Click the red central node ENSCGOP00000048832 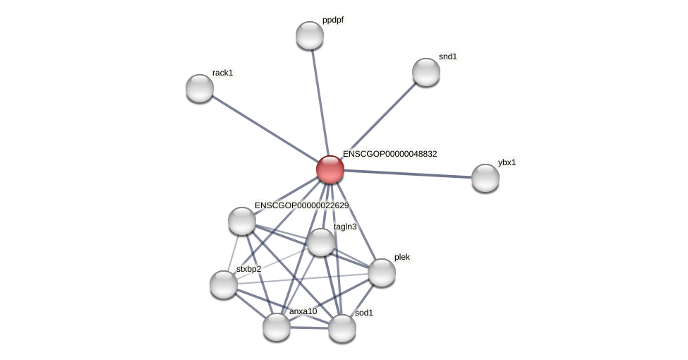(x=330, y=169)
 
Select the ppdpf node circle (x=310, y=35)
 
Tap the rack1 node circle (x=200, y=88)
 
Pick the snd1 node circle (x=426, y=72)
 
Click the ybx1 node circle (x=485, y=178)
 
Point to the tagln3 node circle (x=321, y=242)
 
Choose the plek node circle (x=382, y=272)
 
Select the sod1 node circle (x=342, y=328)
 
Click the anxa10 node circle (x=277, y=327)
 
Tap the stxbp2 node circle (x=224, y=284)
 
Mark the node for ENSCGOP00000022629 (x=242, y=221)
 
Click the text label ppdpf (x=332, y=20)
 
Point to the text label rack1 (x=222, y=73)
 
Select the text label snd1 (x=447, y=56)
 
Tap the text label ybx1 (x=507, y=162)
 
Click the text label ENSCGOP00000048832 (x=390, y=154)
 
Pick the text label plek (x=402, y=257)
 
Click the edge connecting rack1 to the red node (x=265, y=128)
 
